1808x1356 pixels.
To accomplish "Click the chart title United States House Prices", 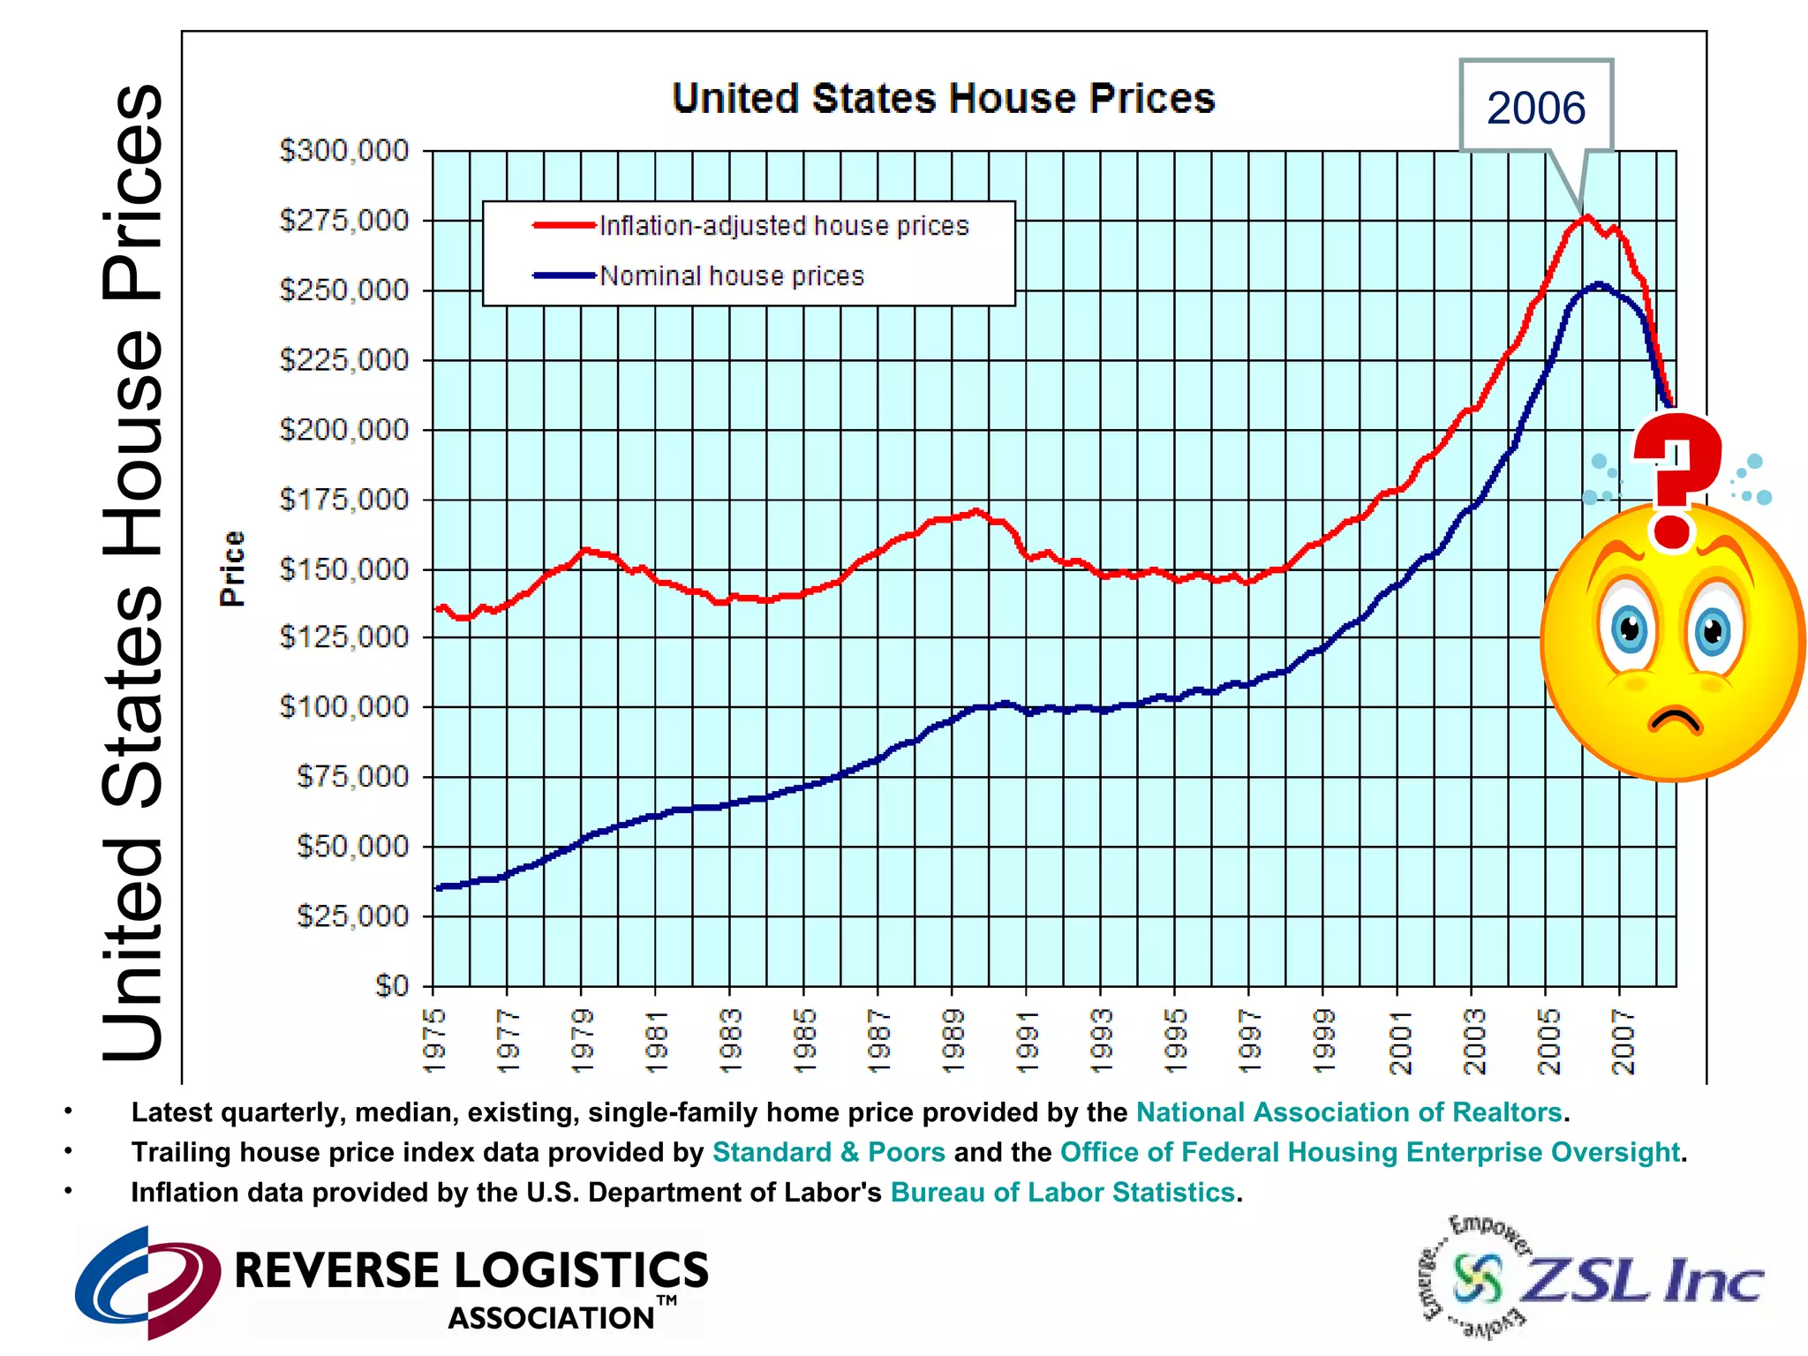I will (943, 99).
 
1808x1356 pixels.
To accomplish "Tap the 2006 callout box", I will (1535, 108).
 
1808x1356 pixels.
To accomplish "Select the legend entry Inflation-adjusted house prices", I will (783, 226).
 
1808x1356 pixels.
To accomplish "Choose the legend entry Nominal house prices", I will (731, 276).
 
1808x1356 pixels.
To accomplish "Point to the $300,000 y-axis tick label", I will (344, 150).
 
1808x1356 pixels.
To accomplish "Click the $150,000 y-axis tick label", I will (344, 569).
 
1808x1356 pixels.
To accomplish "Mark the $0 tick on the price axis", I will (392, 985).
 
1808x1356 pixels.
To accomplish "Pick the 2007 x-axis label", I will (1623, 1042).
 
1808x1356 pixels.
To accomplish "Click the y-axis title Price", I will (232, 569).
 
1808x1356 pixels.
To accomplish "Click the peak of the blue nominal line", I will (1599, 284).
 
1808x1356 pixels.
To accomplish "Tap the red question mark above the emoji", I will (1674, 477).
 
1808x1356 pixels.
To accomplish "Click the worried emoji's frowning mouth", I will (1675, 719).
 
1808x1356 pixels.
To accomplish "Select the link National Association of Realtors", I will (1349, 1112).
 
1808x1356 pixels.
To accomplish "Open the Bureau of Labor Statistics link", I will (1062, 1193).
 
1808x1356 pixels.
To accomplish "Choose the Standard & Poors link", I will (828, 1152).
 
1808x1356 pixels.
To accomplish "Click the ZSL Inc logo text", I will (1642, 1280).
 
